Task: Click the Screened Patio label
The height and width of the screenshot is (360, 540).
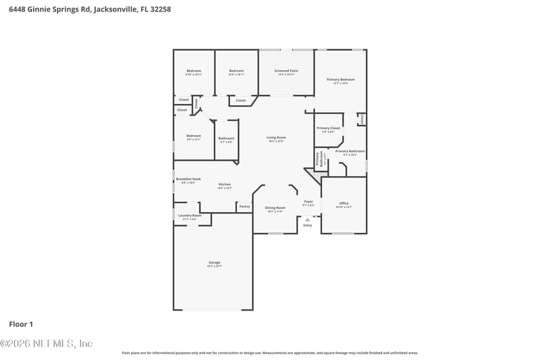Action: tap(286, 70)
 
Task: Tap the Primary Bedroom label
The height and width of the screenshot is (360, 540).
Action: tap(341, 80)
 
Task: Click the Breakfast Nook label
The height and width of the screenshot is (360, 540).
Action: tap(188, 179)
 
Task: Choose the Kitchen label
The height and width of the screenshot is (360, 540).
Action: tap(225, 184)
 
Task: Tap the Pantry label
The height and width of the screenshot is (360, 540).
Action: tap(244, 206)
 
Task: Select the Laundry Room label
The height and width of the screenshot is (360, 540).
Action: tap(190, 215)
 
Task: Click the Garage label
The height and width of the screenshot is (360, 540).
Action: tap(214, 262)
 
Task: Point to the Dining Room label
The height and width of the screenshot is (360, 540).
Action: tap(275, 207)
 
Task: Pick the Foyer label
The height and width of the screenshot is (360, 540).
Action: tap(308, 201)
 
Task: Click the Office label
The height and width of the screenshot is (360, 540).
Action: tap(344, 203)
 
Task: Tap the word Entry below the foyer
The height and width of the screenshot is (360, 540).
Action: tap(308, 225)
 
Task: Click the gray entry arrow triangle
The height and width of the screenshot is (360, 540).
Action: tap(308, 219)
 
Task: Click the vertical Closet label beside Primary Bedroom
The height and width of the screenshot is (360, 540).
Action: tap(362, 119)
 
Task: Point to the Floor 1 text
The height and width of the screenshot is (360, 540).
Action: tap(21, 324)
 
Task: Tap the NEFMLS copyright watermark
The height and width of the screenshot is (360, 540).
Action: tap(46, 343)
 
